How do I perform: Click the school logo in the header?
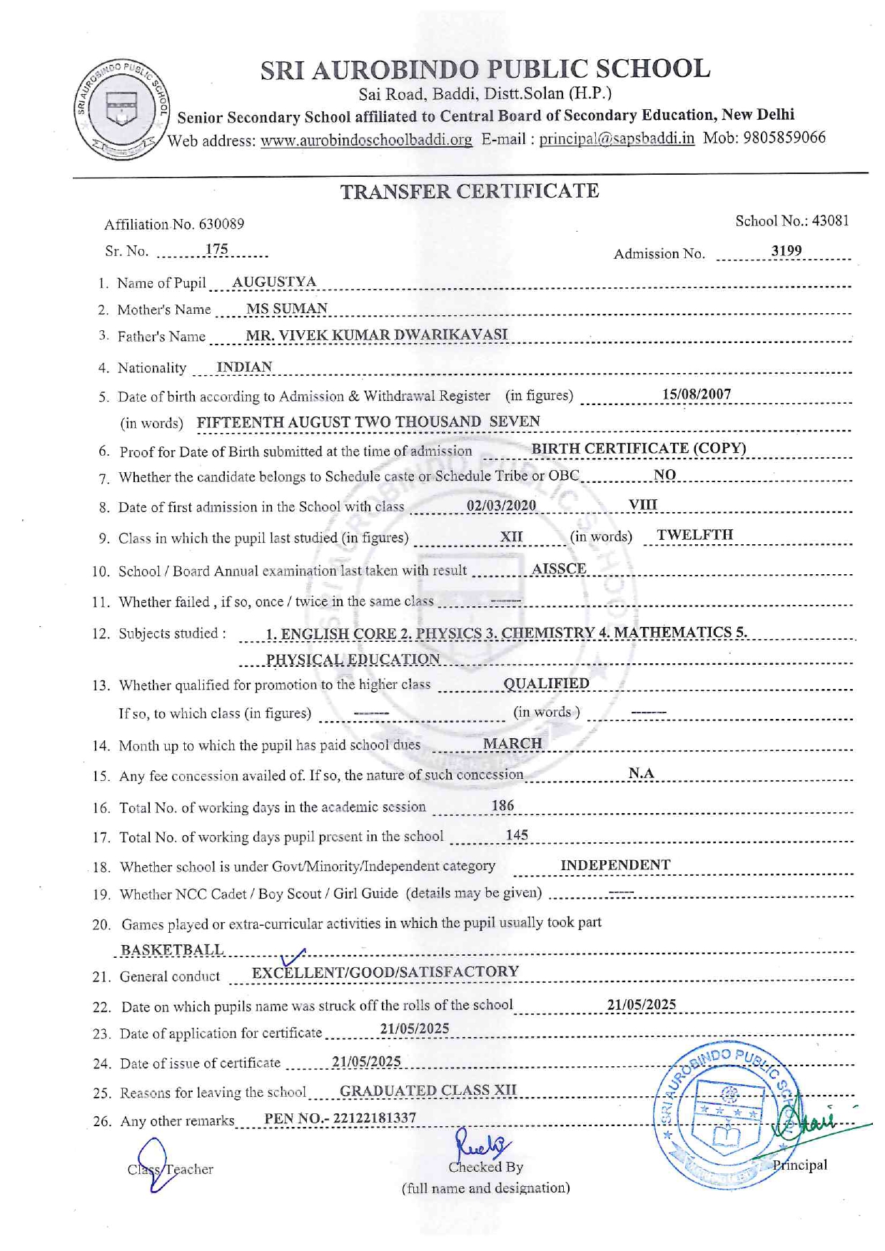[x=122, y=110]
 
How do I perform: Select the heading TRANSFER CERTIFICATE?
[x=469, y=192]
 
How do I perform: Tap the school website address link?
[x=366, y=140]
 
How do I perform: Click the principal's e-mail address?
[x=616, y=138]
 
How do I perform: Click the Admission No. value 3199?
[x=786, y=251]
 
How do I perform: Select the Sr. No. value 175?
[x=216, y=250]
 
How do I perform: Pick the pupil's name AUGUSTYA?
[x=274, y=282]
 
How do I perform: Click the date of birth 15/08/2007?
[x=696, y=394]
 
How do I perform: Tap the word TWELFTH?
[x=694, y=535]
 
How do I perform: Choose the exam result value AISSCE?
[x=559, y=568]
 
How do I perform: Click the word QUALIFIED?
[x=546, y=683]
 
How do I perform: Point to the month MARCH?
[x=512, y=743]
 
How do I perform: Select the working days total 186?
[x=502, y=805]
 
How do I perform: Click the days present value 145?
[x=517, y=834]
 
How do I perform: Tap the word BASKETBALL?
[x=172, y=950]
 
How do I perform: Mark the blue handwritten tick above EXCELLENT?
[x=293, y=957]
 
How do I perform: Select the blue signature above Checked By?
[x=482, y=1145]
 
